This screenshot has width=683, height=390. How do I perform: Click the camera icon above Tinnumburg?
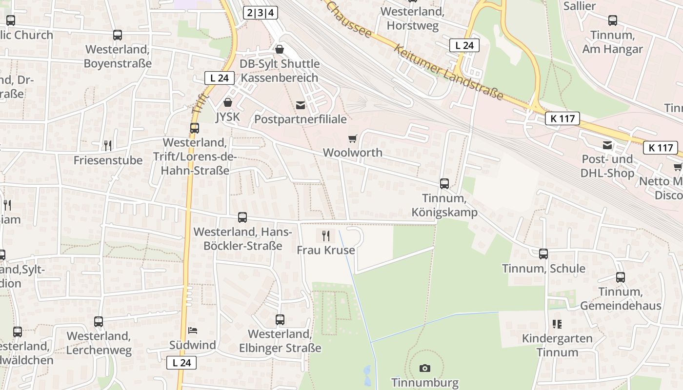[425, 368]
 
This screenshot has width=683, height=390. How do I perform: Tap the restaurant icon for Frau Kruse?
[326, 236]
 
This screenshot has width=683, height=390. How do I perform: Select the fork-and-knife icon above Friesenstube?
[108, 145]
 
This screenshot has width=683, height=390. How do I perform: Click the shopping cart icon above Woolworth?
[353, 138]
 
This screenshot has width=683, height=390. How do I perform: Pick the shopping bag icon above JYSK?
[227, 102]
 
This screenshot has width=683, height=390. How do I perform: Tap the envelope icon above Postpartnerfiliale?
[301, 105]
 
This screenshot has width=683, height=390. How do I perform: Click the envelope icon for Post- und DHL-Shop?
[607, 145]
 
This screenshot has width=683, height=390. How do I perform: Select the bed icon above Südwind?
[193, 331]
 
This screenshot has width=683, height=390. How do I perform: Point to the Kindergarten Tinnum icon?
[557, 324]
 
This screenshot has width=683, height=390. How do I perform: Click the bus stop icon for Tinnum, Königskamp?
[444, 184]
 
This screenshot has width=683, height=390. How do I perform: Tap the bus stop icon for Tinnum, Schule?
[543, 254]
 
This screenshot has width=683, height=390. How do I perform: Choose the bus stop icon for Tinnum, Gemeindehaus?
[620, 277]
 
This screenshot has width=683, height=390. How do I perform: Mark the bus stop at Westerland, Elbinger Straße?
[280, 320]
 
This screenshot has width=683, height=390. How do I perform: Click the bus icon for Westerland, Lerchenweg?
[99, 322]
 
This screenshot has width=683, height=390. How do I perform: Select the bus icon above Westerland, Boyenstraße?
[118, 35]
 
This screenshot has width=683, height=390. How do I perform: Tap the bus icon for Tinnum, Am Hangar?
[613, 20]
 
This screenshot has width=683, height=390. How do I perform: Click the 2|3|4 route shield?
[261, 12]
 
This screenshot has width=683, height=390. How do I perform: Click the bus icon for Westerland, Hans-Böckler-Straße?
[242, 217]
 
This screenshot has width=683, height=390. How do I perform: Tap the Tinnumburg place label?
[425, 383]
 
